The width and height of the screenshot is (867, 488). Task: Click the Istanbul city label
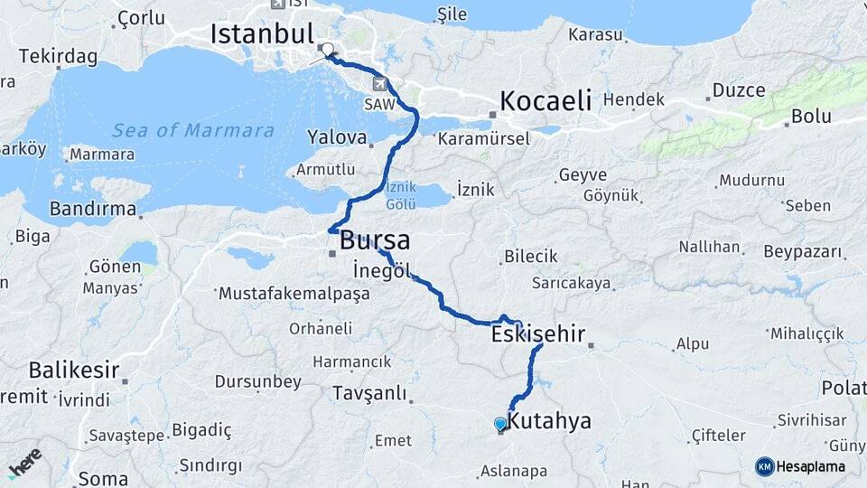point(262,34)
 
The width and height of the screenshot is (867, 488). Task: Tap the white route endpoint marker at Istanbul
point(327,51)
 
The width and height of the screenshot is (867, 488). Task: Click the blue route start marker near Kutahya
point(500,423)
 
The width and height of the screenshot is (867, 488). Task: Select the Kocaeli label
point(545,99)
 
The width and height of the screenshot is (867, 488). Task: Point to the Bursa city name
point(374,241)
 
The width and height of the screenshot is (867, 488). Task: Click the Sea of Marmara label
point(193,131)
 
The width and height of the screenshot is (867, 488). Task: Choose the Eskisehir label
point(538,335)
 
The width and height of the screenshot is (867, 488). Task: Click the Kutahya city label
point(549,421)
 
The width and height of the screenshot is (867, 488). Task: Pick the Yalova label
point(338,139)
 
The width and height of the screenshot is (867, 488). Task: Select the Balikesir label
point(74,370)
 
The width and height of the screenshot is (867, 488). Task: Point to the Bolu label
point(811,116)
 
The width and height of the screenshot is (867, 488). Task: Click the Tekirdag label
point(58,56)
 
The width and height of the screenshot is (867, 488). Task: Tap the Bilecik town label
point(531,257)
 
